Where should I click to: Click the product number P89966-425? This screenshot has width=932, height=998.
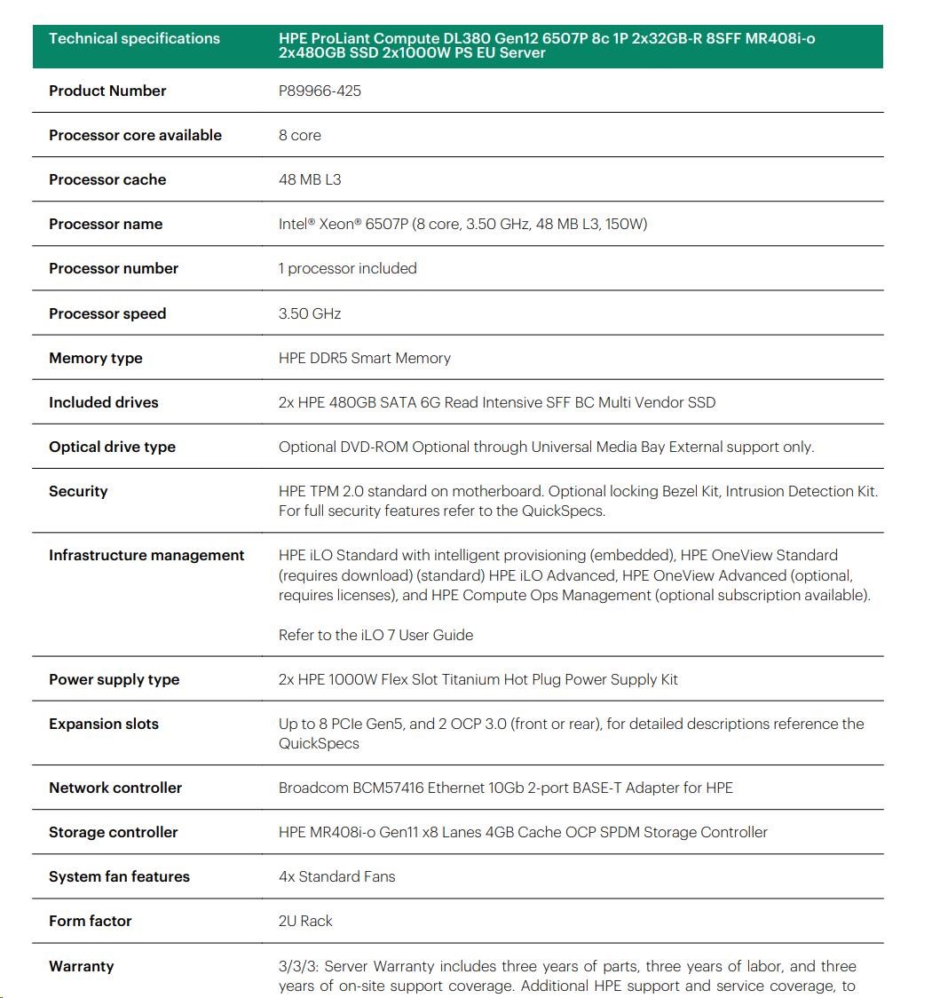(x=320, y=91)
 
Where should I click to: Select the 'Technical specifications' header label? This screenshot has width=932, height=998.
(x=134, y=38)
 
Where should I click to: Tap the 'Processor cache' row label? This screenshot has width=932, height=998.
(x=107, y=179)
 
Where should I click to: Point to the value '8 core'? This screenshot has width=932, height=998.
(x=300, y=135)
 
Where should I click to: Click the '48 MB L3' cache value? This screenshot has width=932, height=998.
(x=310, y=179)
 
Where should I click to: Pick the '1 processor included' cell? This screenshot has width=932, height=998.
(x=347, y=268)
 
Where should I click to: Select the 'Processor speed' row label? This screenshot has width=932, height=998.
(x=107, y=313)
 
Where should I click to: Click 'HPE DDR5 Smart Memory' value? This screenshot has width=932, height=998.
(x=364, y=358)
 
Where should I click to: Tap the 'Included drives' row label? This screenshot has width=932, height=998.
(x=103, y=402)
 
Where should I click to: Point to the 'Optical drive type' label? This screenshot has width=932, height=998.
(x=112, y=447)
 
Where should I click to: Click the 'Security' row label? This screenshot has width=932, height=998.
(x=78, y=491)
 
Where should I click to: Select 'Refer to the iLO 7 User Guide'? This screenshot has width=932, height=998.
(x=375, y=635)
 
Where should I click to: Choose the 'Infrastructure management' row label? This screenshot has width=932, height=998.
(x=146, y=555)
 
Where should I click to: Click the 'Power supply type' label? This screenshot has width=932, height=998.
(x=114, y=679)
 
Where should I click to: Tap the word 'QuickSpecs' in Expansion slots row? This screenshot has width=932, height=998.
(x=319, y=743)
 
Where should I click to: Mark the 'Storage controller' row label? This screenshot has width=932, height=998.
(x=113, y=832)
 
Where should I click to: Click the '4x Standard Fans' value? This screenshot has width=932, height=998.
(x=336, y=876)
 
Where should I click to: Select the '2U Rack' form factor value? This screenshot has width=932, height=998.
(x=305, y=921)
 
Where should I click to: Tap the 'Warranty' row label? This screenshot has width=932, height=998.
(x=81, y=966)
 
